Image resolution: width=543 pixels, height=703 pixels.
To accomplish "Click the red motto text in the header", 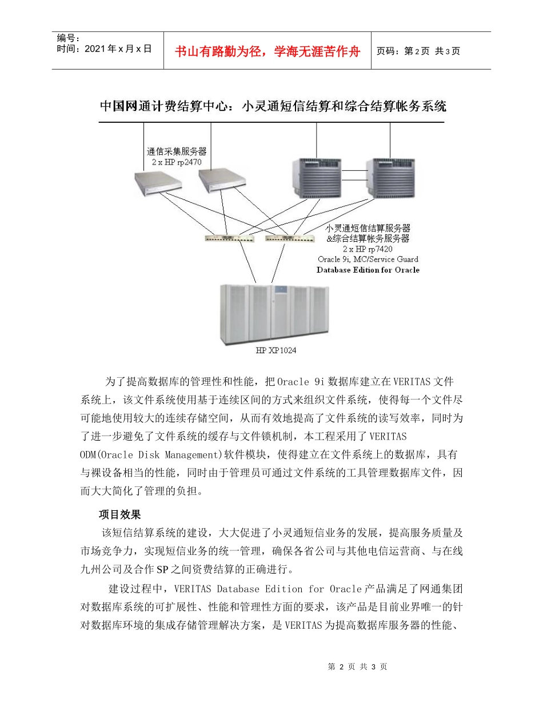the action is (x=267, y=51).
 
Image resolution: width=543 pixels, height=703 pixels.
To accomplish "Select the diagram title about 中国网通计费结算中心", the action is (x=273, y=106).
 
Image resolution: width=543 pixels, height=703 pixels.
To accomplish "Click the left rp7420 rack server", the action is (x=317, y=177).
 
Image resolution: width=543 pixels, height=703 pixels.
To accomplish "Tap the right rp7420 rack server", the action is (x=390, y=177).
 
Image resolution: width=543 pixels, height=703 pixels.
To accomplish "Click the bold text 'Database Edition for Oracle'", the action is (x=368, y=270).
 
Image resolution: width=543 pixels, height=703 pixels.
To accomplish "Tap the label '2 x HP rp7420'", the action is (x=368, y=249).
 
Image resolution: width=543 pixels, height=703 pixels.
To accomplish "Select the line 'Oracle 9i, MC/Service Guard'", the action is (x=368, y=259).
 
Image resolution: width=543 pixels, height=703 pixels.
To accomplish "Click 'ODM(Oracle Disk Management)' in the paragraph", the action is (x=151, y=454).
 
